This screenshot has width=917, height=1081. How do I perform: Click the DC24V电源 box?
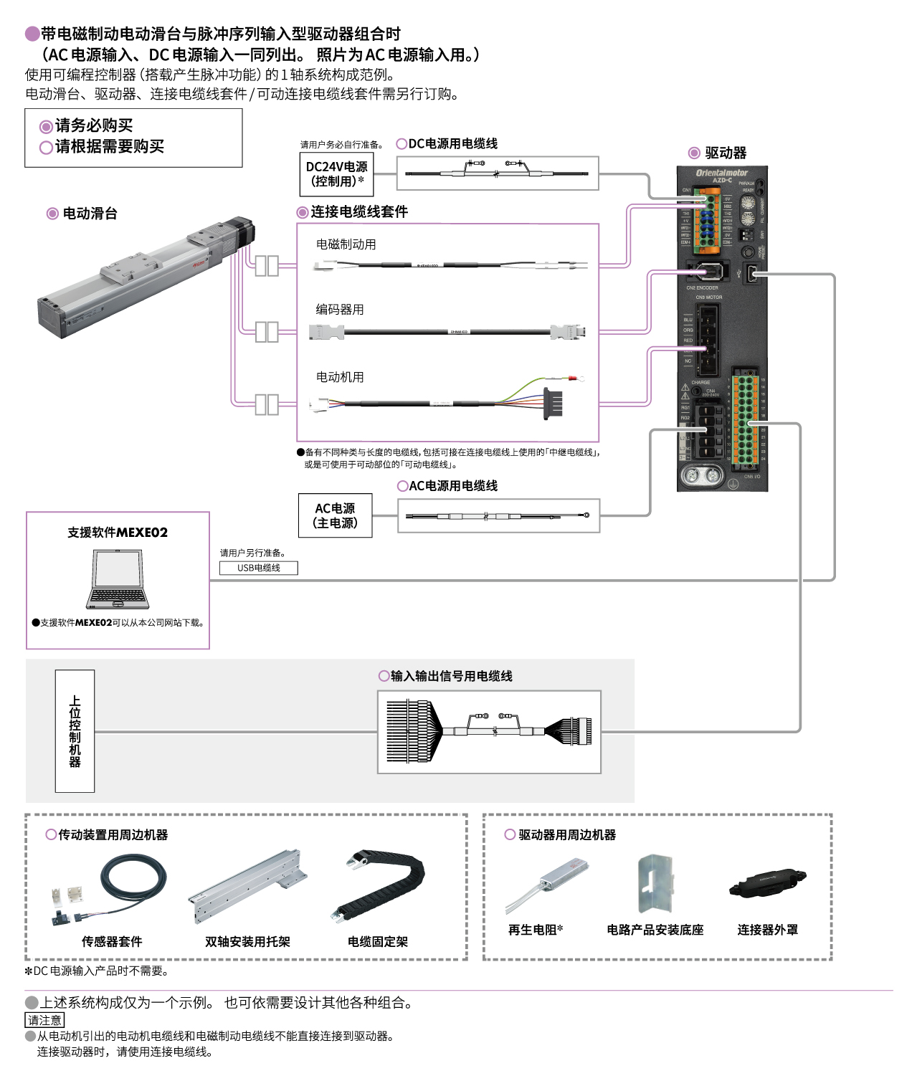point(336,174)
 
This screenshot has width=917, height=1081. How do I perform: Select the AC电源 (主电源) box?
point(336,515)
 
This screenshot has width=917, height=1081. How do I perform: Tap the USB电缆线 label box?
point(258,568)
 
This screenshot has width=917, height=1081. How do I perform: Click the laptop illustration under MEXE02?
point(118,579)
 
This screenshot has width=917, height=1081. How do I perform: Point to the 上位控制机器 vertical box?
point(75,730)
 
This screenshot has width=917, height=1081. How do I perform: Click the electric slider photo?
point(147,275)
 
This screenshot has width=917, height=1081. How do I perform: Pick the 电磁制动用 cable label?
point(346,244)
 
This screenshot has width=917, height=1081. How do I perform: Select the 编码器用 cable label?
point(340,310)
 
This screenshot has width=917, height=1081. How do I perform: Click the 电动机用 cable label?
point(340,377)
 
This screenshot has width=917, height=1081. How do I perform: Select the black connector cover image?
point(767,883)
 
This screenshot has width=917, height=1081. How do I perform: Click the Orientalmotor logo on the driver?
point(721,173)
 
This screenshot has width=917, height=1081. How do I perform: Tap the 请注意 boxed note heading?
point(44,1020)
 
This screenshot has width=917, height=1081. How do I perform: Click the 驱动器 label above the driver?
point(725,153)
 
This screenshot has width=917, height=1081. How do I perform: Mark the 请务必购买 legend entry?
point(93,126)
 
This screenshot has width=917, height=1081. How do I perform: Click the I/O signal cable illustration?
point(489,732)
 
